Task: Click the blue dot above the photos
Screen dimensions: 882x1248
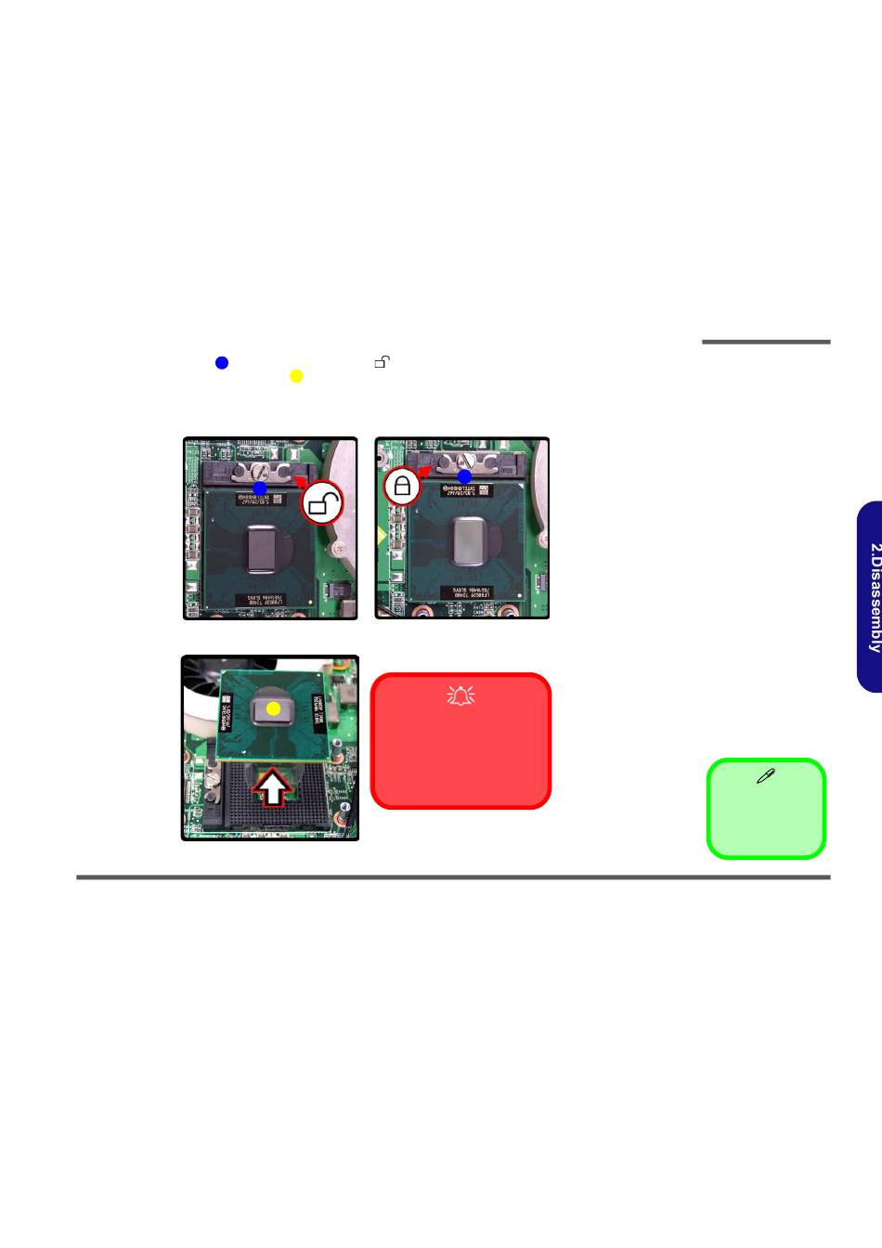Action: click(x=222, y=363)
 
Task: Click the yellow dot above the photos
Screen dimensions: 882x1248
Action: click(x=296, y=376)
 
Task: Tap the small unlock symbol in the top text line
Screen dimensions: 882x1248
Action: click(x=382, y=362)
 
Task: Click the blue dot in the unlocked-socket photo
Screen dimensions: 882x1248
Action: click(x=260, y=487)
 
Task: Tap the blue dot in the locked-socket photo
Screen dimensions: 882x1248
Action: click(x=464, y=476)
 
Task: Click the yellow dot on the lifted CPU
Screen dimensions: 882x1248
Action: click(x=273, y=708)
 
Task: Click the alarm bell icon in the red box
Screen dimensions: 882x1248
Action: click(x=461, y=694)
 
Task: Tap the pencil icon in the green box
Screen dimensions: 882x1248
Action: click(x=766, y=776)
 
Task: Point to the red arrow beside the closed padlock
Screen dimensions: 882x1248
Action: click(x=424, y=471)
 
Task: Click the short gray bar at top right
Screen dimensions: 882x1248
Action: click(x=766, y=342)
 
